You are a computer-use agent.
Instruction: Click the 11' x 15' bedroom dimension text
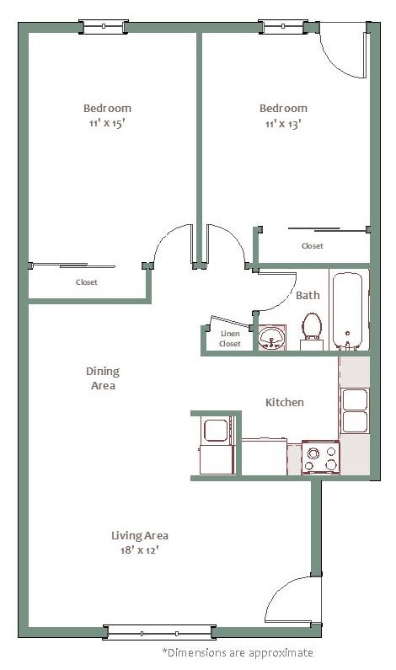pyautogui.click(x=107, y=123)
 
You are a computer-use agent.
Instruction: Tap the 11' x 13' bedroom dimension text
pyautogui.click(x=282, y=123)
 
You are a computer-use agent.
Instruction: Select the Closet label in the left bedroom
pyautogui.click(x=87, y=282)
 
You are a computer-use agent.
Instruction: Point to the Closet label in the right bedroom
pyautogui.click(x=312, y=246)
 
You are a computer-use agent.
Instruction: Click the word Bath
pyautogui.click(x=308, y=295)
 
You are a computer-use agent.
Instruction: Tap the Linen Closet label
pyautogui.click(x=229, y=338)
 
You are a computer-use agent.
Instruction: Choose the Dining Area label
pyautogui.click(x=102, y=378)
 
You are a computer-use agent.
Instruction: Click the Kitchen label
pyautogui.click(x=285, y=402)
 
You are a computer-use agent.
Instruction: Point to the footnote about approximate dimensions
pyautogui.click(x=237, y=652)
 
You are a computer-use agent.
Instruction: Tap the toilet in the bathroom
pyautogui.click(x=312, y=330)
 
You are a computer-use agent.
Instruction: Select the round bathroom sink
pyautogui.click(x=272, y=339)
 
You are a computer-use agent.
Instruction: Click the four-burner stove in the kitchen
pyautogui.click(x=320, y=458)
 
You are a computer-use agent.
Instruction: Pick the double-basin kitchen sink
pyautogui.click(x=355, y=410)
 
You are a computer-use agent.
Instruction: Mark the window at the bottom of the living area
pyautogui.click(x=159, y=631)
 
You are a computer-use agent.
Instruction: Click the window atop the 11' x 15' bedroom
pyautogui.click(x=104, y=27)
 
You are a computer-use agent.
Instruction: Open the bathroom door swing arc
pyautogui.click(x=277, y=292)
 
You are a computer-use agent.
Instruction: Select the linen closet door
pyautogui.click(x=229, y=322)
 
